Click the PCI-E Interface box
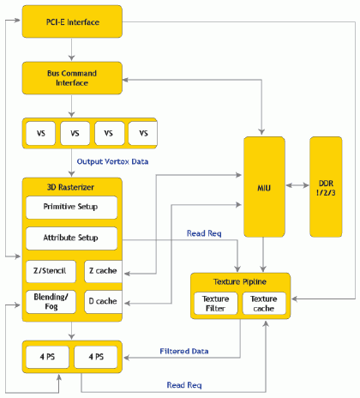(x=72, y=21)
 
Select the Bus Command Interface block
(x=72, y=78)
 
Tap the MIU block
(x=264, y=187)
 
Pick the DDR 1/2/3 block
(x=326, y=187)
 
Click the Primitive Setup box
(x=71, y=208)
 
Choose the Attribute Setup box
(x=71, y=238)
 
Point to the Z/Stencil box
(x=51, y=271)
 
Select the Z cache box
(x=104, y=271)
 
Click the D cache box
(x=104, y=302)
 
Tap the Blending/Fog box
(x=51, y=302)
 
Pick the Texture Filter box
(x=216, y=304)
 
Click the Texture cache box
(x=264, y=304)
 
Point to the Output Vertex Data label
(x=112, y=161)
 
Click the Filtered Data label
(x=184, y=351)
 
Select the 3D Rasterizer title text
(x=70, y=187)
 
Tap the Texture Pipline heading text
(x=240, y=282)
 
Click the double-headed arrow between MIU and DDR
(x=297, y=185)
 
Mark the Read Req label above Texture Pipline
(x=204, y=233)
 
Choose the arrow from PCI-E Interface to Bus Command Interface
(x=71, y=49)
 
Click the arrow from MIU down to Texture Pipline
(x=263, y=255)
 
